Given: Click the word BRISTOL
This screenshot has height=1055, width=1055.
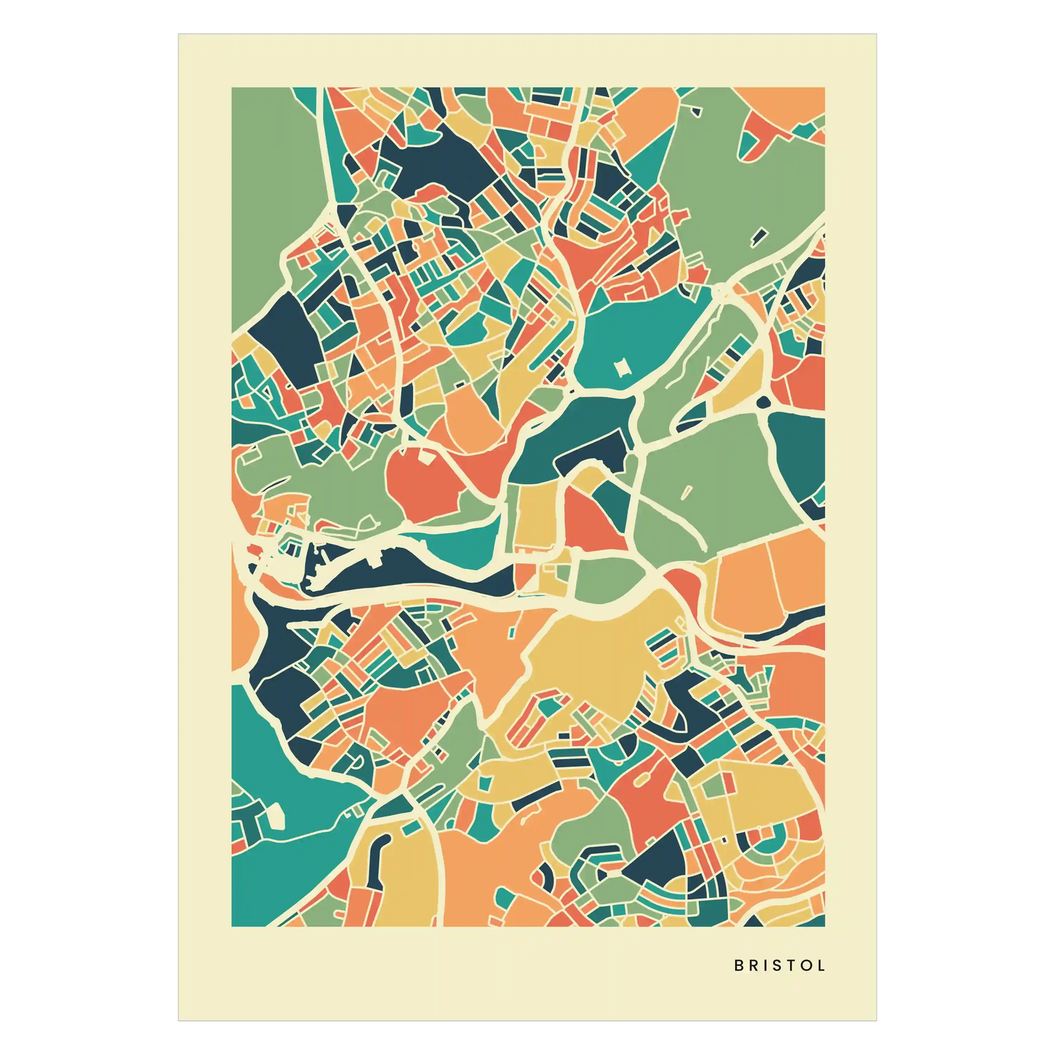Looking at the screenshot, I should [x=779, y=965].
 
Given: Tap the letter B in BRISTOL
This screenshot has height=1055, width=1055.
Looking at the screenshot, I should [x=738, y=965].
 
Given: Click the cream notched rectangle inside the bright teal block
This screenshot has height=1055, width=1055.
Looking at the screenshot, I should [x=622, y=367].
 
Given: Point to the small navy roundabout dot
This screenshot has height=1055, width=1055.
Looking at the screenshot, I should [x=764, y=402].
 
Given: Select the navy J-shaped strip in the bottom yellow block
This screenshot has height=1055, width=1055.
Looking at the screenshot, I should [x=380, y=854].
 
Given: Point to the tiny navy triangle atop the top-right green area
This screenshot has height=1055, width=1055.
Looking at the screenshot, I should [x=695, y=112].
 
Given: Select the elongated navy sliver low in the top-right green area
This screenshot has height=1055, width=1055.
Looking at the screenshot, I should [x=759, y=236].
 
